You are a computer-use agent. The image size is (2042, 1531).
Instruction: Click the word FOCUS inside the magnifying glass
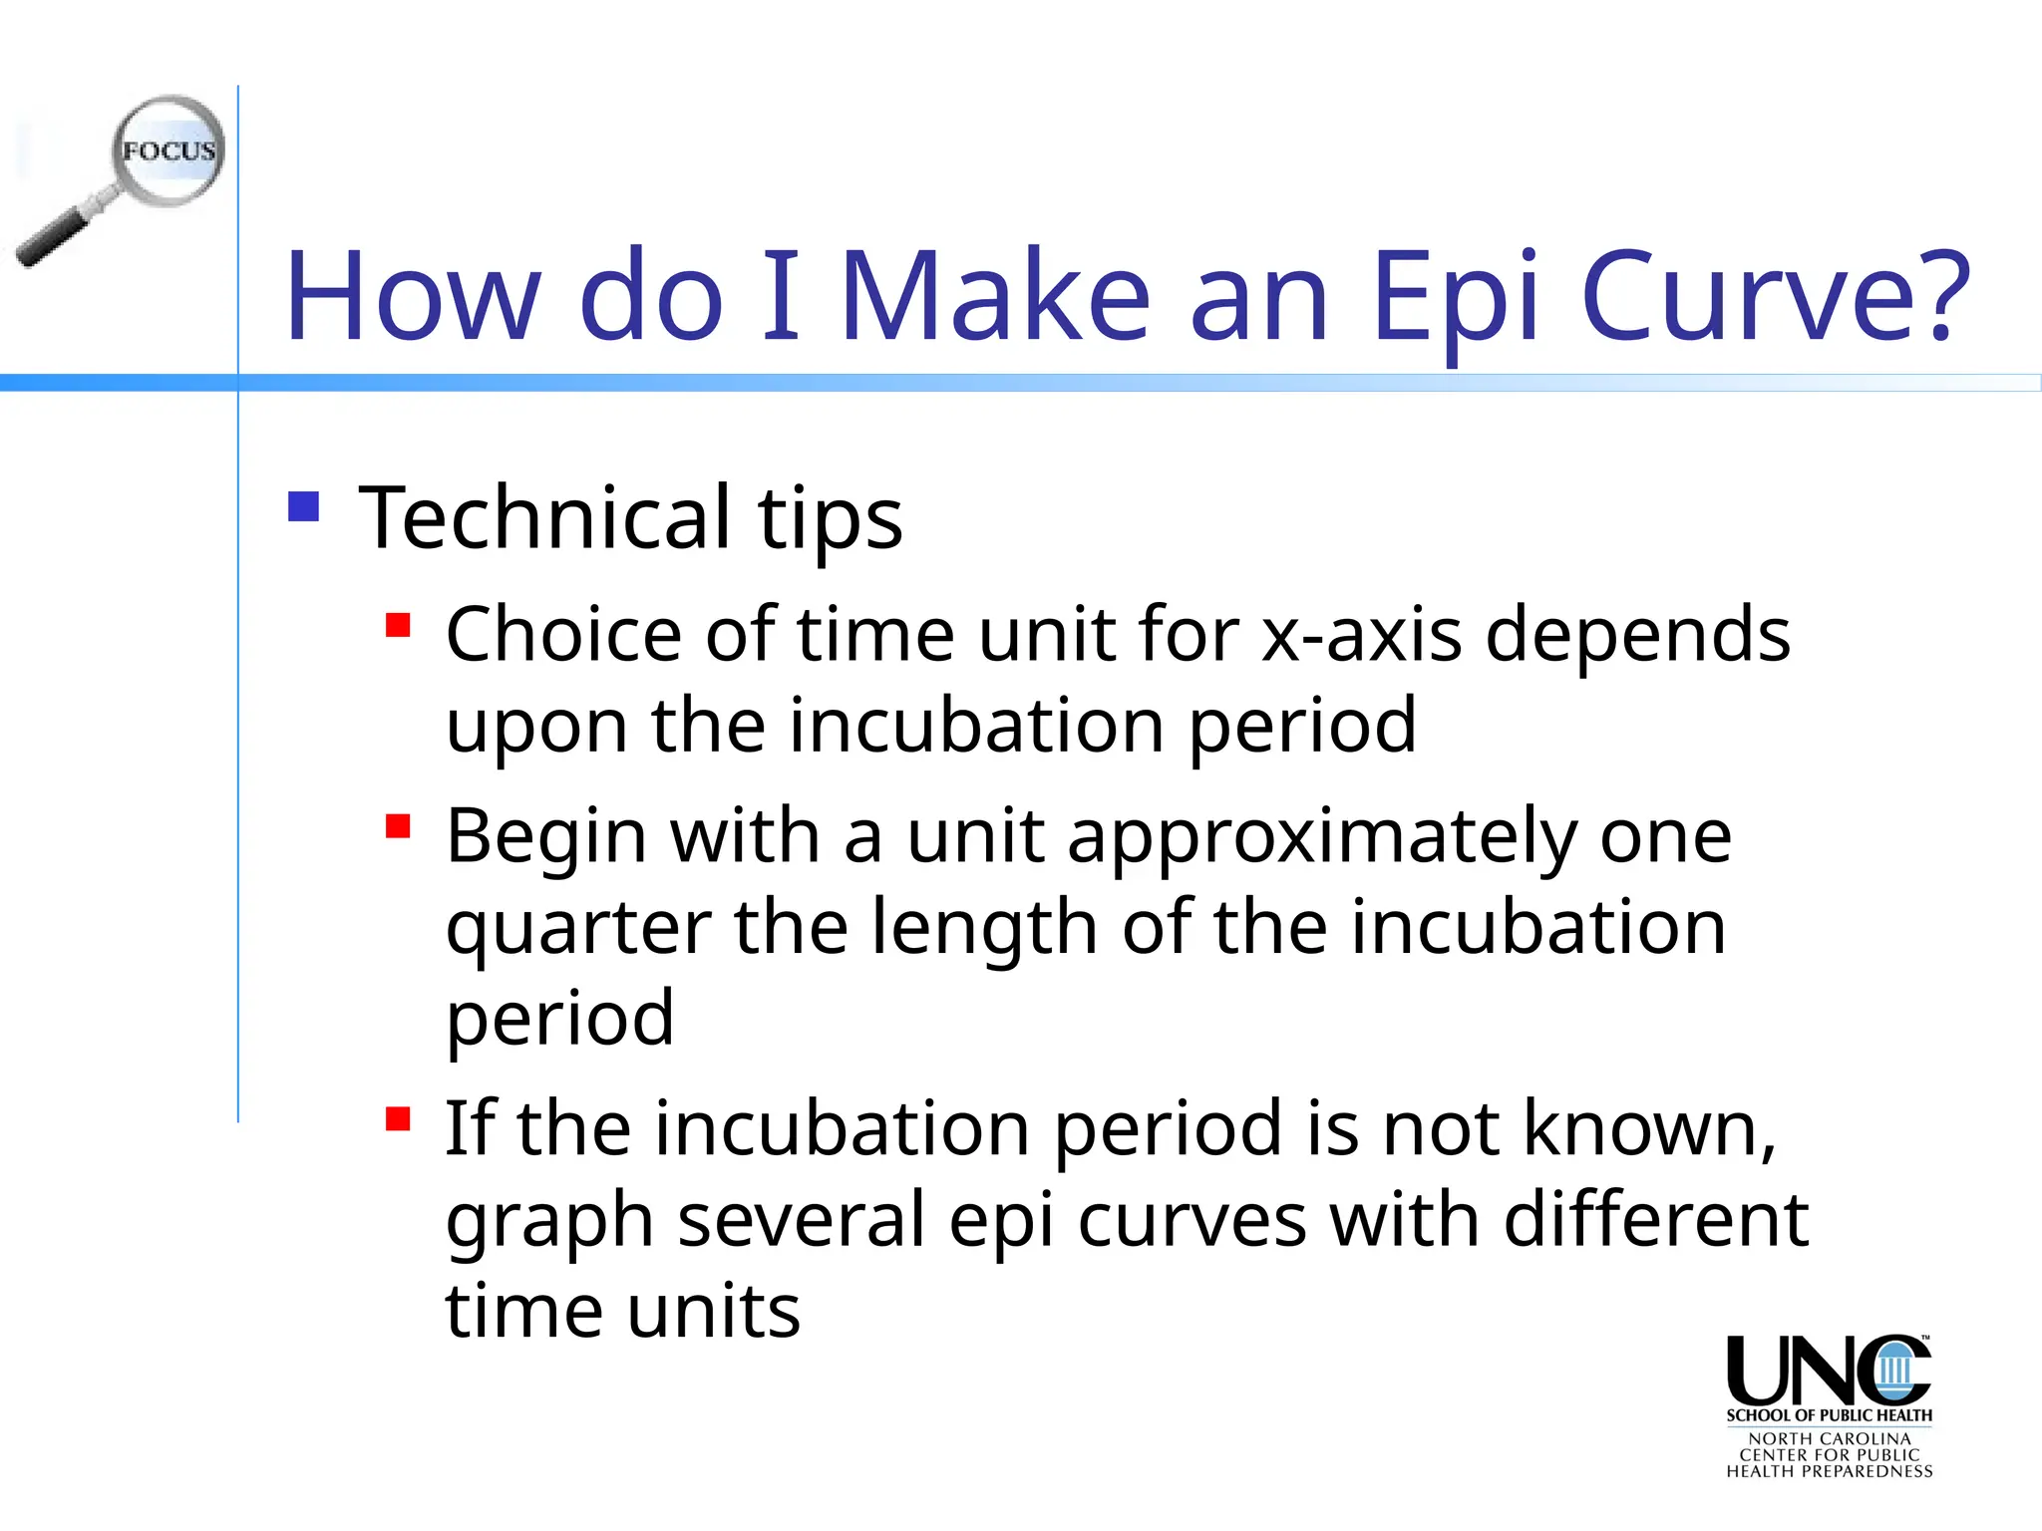(x=169, y=152)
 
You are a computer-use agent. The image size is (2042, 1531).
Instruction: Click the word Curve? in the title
(x=1776, y=296)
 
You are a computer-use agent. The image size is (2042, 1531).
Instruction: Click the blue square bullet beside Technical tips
(x=303, y=506)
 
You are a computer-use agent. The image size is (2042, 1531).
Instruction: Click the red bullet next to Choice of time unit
(x=398, y=625)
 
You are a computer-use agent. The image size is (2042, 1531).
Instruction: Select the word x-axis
(x=1362, y=635)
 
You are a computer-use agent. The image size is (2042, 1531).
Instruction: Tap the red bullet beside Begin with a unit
(x=398, y=826)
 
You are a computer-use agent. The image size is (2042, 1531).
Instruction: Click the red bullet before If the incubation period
(x=398, y=1118)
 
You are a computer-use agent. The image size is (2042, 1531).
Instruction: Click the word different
(x=1655, y=1220)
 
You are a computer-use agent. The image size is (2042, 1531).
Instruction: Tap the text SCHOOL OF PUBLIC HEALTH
(x=1829, y=1415)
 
